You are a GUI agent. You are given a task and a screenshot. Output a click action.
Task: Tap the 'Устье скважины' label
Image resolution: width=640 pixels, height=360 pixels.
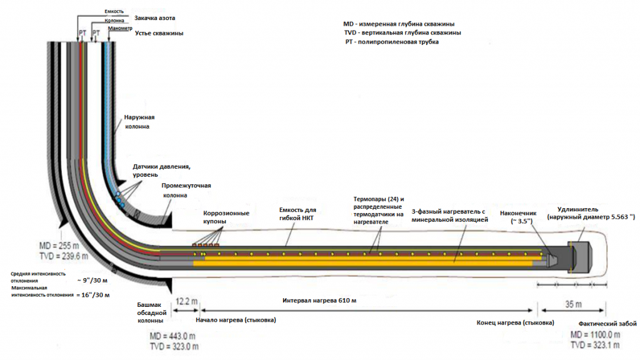tap(159, 33)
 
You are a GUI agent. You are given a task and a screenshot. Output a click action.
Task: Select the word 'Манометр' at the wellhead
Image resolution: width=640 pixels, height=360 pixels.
tap(120, 29)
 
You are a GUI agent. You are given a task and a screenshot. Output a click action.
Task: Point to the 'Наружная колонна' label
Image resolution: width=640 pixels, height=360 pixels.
tap(139, 121)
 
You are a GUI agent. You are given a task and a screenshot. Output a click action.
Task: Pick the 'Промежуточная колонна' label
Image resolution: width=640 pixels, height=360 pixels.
tap(186, 190)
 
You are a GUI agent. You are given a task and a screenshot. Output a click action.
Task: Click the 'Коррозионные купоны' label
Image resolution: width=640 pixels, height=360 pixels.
tap(226, 217)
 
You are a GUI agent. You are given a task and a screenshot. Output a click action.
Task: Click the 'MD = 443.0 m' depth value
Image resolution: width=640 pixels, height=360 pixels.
tap(173, 337)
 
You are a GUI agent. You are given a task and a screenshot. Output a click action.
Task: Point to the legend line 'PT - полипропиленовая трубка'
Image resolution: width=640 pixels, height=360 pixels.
tap(392, 42)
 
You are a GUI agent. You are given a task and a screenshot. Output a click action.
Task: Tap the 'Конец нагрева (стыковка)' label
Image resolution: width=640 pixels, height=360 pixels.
tap(515, 324)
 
